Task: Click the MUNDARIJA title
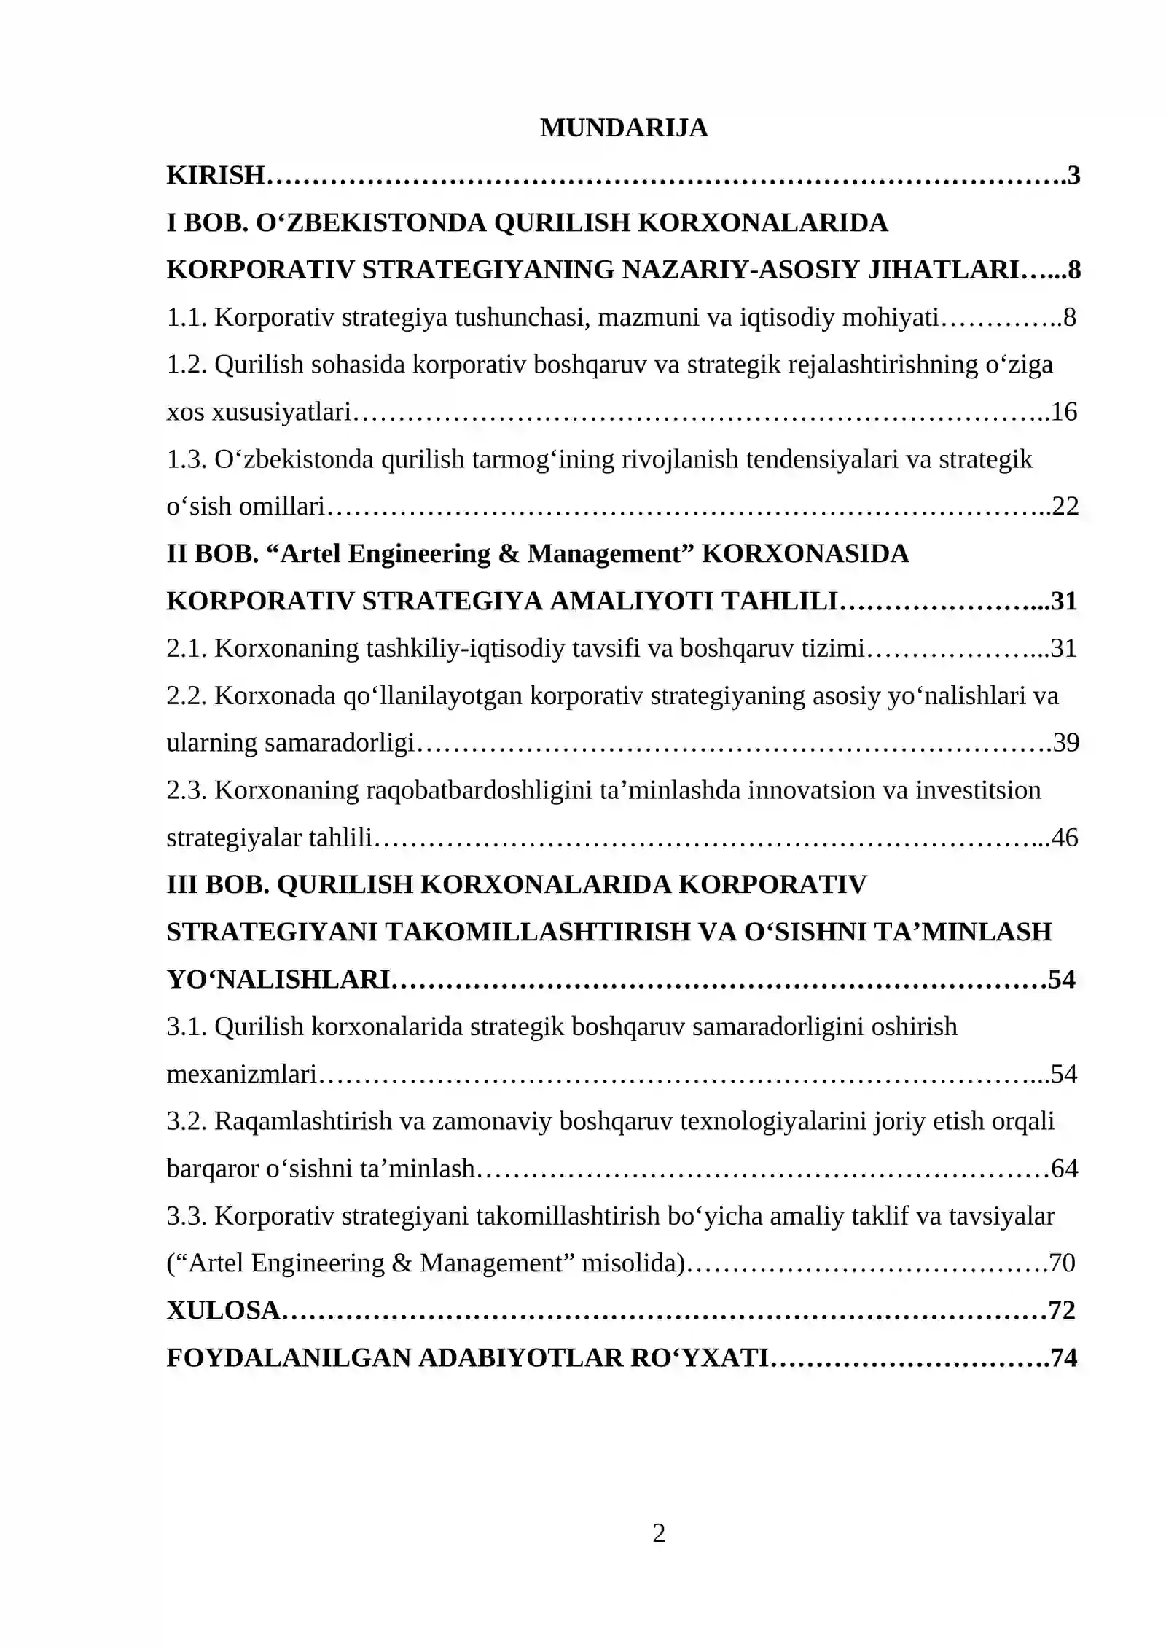click(x=623, y=128)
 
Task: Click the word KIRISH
click(x=215, y=175)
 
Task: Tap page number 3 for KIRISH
click(x=1073, y=175)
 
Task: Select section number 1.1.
click(x=187, y=317)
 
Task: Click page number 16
click(x=1064, y=412)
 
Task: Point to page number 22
click(x=1065, y=506)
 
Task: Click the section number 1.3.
click(x=187, y=459)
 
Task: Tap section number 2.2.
click(x=187, y=695)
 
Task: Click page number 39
click(x=1065, y=743)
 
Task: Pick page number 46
click(x=1065, y=838)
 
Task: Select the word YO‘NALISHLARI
click(x=279, y=979)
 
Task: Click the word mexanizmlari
click(x=241, y=1074)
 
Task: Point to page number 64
click(x=1064, y=1169)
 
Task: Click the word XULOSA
click(x=223, y=1310)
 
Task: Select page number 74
click(x=1064, y=1357)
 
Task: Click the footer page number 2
click(x=658, y=1534)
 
